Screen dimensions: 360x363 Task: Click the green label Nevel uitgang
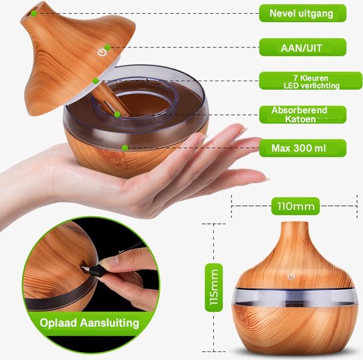click(x=302, y=13)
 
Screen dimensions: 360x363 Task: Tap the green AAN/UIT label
click(x=302, y=46)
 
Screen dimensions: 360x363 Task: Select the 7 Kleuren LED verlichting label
click(x=302, y=81)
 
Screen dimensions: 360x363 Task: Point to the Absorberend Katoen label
click(x=302, y=114)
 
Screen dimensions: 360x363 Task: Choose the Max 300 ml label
click(x=302, y=147)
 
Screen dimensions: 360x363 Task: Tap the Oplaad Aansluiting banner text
click(x=88, y=323)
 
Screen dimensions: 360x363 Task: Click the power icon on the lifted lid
click(x=102, y=52)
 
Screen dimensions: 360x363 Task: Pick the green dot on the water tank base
click(x=125, y=147)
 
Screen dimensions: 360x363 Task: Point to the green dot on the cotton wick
click(x=117, y=114)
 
